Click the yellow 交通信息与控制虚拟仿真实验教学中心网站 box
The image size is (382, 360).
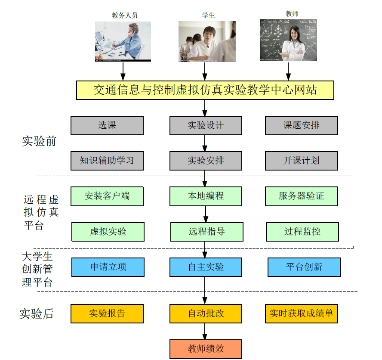pos(205,90)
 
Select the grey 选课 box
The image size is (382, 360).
pos(107,125)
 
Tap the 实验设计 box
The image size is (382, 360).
pos(206,125)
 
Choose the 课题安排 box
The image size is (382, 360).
pos(302,125)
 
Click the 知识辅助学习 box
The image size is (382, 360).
pos(107,161)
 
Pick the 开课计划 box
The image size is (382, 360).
pos(302,161)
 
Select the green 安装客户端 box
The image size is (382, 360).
pos(107,196)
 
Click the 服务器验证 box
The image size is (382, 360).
pos(302,196)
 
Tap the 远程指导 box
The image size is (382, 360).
pos(206,232)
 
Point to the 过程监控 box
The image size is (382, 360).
pos(302,232)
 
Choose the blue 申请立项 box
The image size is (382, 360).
pos(108,267)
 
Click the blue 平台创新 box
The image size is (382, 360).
pos(304,267)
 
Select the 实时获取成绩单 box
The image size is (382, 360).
pos(302,313)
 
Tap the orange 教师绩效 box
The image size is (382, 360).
pos(206,349)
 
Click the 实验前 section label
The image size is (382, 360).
pos(39,141)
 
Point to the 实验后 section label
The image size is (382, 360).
pos(37,313)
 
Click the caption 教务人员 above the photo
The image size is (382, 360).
pos(125,16)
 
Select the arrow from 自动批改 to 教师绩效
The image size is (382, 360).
pos(205,331)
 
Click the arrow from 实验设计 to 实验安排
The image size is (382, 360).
pos(205,143)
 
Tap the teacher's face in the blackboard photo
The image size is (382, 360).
pos(295,34)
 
